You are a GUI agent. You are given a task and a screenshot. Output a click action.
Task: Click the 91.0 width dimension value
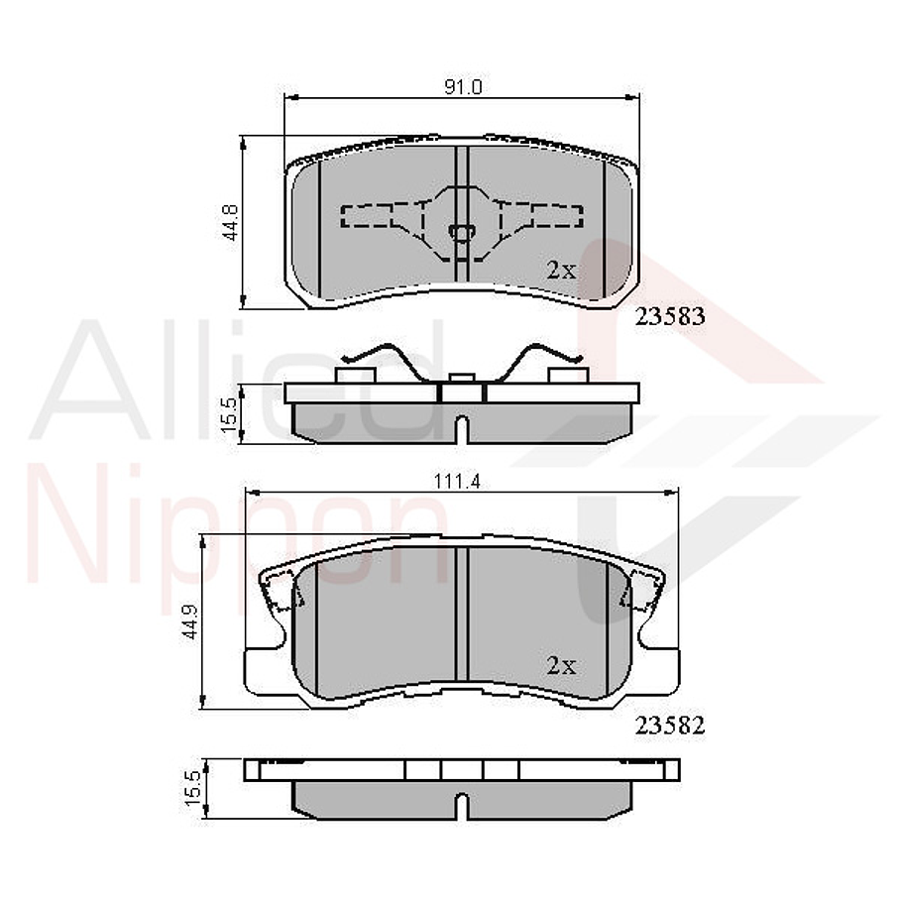coord(462,87)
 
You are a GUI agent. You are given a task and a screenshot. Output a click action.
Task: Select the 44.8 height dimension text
coord(230,222)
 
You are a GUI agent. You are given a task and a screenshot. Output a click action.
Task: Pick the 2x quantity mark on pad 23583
coord(561,270)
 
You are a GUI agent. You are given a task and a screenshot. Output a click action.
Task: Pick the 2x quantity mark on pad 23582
coord(561,666)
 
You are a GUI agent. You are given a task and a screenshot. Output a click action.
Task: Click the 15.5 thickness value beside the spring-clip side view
coord(230,412)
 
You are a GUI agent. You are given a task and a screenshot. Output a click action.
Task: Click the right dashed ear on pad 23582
coord(635,595)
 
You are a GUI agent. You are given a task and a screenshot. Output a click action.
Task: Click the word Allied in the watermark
coord(238,382)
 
